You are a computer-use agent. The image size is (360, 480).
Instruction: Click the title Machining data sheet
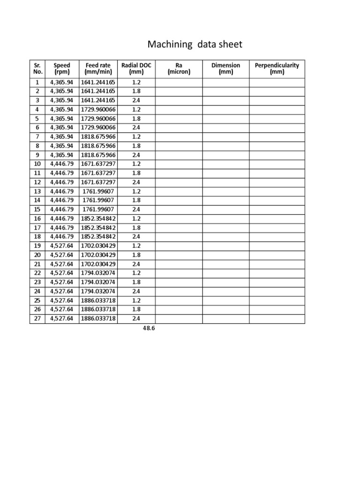point(195,45)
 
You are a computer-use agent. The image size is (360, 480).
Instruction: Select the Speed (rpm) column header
point(62,69)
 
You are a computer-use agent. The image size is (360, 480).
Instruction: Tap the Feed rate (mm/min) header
point(98,69)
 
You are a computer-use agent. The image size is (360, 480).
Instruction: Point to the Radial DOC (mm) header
point(136,69)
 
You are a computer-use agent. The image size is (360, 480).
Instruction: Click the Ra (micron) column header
point(179,69)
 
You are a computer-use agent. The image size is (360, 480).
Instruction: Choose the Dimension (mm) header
point(225,69)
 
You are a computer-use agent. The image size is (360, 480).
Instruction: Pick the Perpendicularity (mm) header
point(277,69)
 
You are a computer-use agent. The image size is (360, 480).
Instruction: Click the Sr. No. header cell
point(37,69)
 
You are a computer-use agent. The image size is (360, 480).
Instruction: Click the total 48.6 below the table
point(149,329)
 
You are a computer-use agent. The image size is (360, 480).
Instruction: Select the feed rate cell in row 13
point(98,191)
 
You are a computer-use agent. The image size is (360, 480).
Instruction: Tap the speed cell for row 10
point(62,164)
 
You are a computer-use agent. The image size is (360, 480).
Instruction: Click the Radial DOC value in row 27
point(136,319)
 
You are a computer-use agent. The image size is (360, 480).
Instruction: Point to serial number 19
point(37,246)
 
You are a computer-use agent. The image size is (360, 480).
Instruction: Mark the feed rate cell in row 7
point(98,137)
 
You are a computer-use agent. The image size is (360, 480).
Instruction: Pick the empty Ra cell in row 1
point(179,82)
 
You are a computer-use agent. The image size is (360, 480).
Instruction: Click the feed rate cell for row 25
point(98,300)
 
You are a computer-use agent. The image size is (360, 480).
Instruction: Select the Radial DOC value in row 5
point(136,119)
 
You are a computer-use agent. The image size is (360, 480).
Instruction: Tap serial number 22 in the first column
point(37,273)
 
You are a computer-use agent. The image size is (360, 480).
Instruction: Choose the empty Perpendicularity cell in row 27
point(277,319)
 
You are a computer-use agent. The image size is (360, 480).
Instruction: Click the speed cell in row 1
point(62,82)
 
